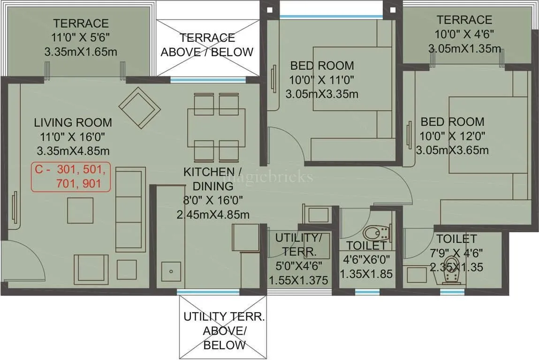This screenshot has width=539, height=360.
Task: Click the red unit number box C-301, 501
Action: pos(71,176)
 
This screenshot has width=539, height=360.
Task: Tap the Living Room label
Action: pos(73,123)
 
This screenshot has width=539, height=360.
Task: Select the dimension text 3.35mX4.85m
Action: pos(73,151)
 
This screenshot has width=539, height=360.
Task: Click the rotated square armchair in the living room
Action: pos(137,106)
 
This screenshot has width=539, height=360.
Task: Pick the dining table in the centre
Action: pos(215,127)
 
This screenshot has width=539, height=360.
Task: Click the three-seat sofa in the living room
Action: pos(130,211)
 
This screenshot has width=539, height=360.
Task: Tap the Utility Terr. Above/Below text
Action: pos(224,331)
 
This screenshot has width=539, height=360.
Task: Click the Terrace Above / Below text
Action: pos(207,45)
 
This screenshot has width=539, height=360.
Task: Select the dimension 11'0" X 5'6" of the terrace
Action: pos(81,37)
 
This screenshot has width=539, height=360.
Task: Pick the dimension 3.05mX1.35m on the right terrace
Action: pos(464,48)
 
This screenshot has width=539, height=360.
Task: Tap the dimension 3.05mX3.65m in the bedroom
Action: pos(452,150)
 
